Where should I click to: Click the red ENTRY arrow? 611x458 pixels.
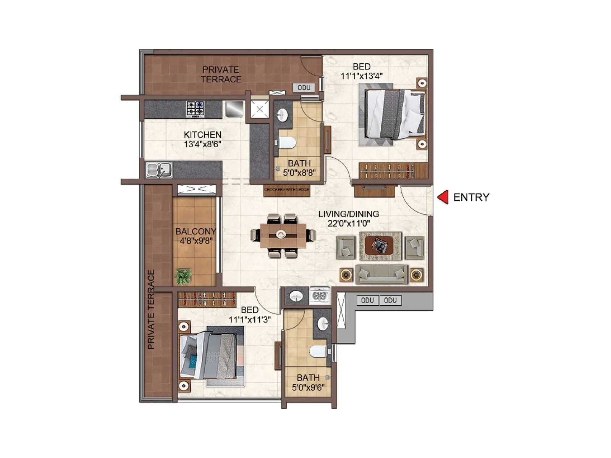coord(443,197)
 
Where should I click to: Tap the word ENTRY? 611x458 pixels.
coord(471,197)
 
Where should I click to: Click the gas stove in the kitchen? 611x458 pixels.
coord(195,109)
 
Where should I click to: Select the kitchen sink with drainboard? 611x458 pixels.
coord(159,170)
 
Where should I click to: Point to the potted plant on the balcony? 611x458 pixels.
coord(183,276)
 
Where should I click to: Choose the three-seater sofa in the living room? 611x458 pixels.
coord(381,274)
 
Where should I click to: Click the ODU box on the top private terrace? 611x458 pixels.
coord(304,88)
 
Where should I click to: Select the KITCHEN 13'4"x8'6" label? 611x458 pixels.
coord(202,140)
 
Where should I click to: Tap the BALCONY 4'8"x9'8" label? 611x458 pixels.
coord(196,236)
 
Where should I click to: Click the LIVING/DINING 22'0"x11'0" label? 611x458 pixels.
coord(349,219)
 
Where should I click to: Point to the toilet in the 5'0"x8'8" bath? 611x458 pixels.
coord(287,143)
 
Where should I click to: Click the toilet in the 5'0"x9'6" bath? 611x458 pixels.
coord(318,351)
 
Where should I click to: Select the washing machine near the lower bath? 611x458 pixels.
coord(320,296)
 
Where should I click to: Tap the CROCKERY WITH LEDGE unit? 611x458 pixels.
coord(286,190)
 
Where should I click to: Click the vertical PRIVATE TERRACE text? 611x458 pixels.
coord(151,309)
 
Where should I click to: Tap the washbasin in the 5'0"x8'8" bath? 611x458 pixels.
coord(283,114)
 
